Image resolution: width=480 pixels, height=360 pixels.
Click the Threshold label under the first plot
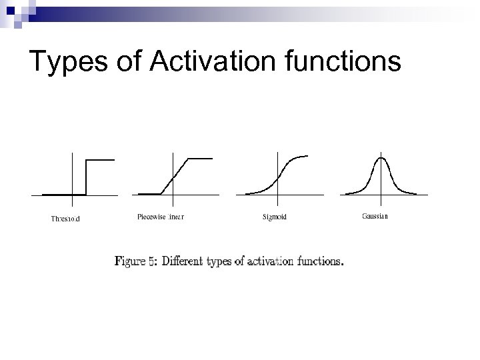65,218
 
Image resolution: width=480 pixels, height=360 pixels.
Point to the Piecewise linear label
161,217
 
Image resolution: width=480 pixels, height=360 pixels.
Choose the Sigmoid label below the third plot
275,217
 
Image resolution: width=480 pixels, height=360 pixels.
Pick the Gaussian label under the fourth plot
375,216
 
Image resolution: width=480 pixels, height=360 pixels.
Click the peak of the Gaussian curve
381,158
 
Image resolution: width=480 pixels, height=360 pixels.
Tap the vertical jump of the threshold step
87,177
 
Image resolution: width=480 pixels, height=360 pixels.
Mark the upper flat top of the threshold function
101,160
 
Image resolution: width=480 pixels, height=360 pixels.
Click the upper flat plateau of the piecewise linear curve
201,159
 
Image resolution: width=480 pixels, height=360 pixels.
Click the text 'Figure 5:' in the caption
136,261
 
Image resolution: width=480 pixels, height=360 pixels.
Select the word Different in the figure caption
186,261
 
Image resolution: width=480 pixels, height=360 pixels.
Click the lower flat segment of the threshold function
64,194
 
